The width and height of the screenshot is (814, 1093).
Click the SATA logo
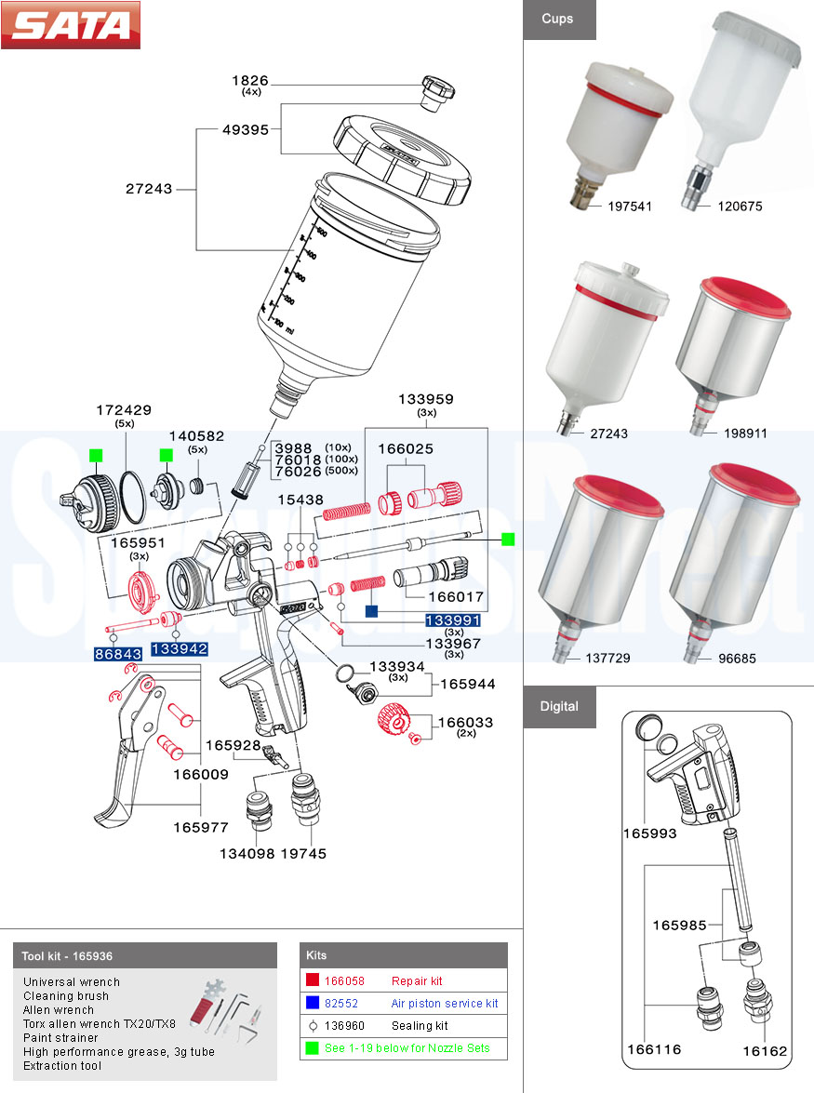point(71,25)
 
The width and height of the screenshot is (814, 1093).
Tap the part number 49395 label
point(247,129)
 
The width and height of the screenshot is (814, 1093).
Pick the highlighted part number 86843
point(117,654)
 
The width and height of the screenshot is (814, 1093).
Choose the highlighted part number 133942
point(179,648)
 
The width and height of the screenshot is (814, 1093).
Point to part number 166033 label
point(465,722)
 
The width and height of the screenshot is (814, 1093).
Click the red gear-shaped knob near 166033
point(395,720)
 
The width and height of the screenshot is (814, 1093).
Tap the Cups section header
point(558,19)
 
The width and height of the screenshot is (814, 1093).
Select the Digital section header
point(559,706)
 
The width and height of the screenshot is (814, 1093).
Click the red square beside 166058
point(313,980)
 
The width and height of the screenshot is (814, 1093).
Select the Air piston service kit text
point(445,1003)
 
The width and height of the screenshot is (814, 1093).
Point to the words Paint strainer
point(60,1037)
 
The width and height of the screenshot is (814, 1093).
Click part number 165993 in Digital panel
point(649,833)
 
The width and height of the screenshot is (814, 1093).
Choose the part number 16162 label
point(764,1051)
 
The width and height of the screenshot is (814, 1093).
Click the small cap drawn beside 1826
point(434,90)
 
